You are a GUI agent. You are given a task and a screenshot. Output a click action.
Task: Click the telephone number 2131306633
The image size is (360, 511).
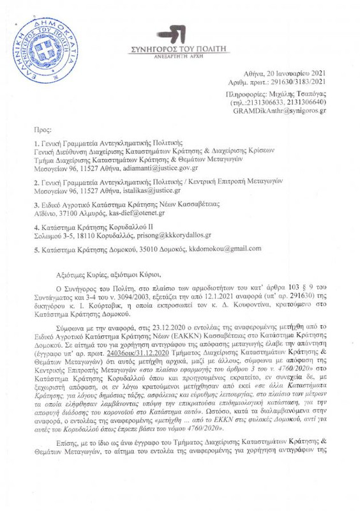point(268,102)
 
